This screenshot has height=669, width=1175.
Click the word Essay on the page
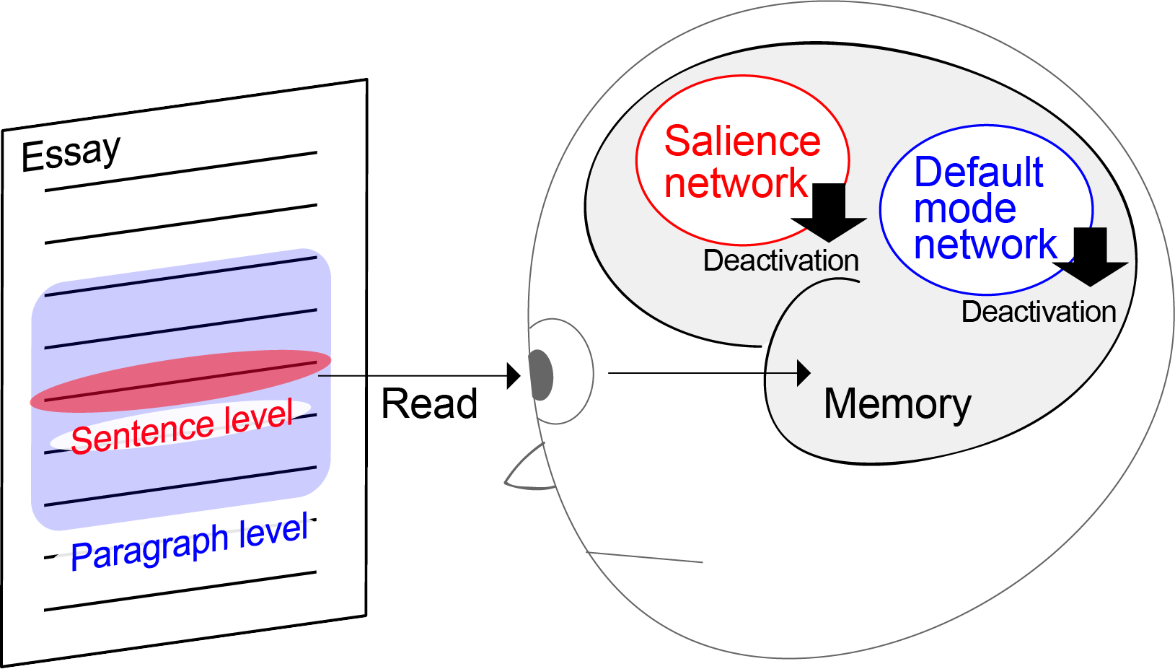pos(71,153)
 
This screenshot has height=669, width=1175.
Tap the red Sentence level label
pos(182,428)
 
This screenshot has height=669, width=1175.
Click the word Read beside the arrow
pos(429,403)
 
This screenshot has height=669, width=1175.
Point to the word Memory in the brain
pos(897,404)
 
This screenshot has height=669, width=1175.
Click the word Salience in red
pos(742,141)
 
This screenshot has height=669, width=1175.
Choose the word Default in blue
pos(978,172)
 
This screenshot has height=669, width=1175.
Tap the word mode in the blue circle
pos(964,209)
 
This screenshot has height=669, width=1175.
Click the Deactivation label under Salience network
pos(780,261)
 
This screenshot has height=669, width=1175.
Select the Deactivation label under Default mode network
pos(1039,312)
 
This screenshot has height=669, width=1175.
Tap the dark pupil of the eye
pos(540,375)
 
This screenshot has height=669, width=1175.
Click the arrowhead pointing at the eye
pos(514,375)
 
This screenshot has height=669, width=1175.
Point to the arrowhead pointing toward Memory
pos(804,373)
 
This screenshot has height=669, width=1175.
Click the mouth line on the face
pos(646,557)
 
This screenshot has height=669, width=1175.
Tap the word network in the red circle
pos(736,183)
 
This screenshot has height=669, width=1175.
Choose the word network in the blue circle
pos(985,245)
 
